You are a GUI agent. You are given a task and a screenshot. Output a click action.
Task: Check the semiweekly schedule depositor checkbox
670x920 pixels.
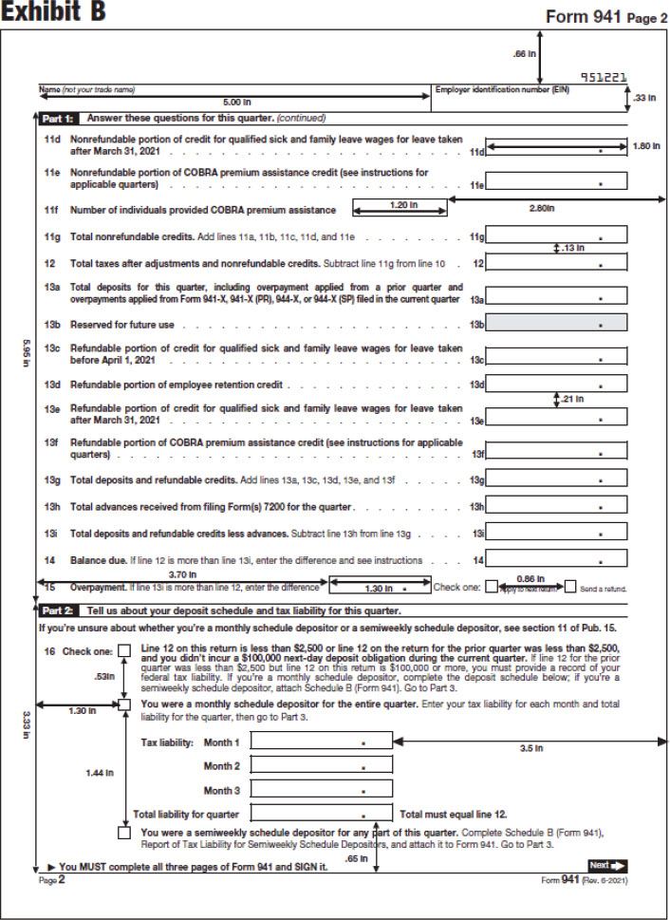tap(125, 833)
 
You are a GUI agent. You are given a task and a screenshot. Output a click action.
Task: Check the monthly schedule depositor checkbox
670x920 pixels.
tap(125, 704)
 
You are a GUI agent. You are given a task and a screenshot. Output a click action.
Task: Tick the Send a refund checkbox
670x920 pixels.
tap(570, 587)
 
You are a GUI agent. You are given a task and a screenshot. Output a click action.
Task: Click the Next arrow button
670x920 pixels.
tap(607, 865)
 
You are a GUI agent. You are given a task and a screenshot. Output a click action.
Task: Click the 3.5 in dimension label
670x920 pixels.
tap(531, 748)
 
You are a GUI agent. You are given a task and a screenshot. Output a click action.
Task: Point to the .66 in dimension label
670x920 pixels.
tap(524, 54)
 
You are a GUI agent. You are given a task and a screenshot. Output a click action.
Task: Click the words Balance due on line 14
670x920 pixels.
tap(99, 560)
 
